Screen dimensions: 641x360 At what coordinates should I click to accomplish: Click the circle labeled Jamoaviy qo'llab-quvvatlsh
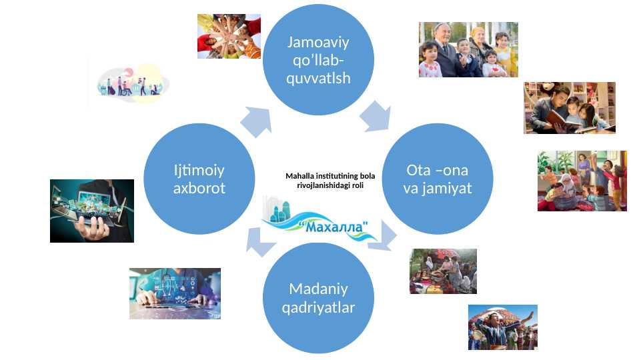(x=318, y=59)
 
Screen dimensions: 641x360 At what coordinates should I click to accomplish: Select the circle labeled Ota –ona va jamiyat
(x=438, y=179)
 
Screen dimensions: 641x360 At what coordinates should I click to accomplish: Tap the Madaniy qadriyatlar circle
(x=318, y=298)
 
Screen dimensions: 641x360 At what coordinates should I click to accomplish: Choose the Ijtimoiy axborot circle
(x=199, y=179)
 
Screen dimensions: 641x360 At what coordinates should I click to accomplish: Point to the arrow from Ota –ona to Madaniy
(x=383, y=236)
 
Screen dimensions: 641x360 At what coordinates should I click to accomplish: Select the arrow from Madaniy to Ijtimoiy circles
(x=261, y=242)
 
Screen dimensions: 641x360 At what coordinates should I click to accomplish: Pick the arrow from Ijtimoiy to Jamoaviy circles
(x=256, y=122)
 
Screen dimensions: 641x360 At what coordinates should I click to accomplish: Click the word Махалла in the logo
(x=334, y=226)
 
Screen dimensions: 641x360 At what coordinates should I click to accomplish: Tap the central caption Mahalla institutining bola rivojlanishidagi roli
(x=330, y=180)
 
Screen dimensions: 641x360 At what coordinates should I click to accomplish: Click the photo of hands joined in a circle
(x=229, y=37)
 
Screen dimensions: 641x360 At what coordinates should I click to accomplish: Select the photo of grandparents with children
(x=468, y=49)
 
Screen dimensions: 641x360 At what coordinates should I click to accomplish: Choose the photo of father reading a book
(x=570, y=108)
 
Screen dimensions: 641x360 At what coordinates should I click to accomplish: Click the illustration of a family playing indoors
(x=582, y=181)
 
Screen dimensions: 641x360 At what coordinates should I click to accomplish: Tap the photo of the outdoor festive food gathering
(x=443, y=271)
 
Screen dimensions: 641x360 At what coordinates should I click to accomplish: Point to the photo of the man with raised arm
(x=503, y=327)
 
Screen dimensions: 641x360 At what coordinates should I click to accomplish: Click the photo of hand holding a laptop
(x=92, y=211)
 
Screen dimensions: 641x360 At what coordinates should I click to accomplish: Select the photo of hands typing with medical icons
(x=175, y=293)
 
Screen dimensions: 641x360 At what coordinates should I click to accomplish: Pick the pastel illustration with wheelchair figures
(x=133, y=83)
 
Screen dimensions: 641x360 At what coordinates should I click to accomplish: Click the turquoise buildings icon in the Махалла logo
(x=277, y=209)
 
